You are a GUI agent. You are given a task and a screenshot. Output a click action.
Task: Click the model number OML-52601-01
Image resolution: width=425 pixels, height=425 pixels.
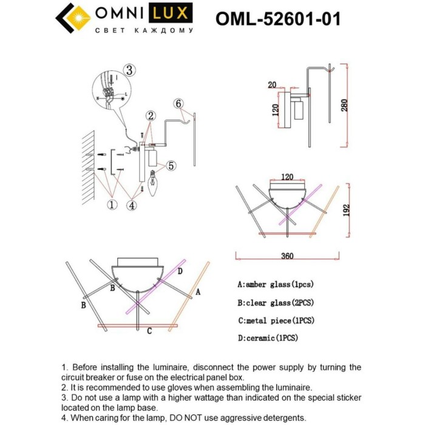pos(277,19)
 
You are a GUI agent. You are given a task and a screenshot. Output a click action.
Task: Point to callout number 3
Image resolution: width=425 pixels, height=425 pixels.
pos(129,70)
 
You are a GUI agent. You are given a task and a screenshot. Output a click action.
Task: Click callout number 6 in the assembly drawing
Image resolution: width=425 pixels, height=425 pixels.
pos(178,104)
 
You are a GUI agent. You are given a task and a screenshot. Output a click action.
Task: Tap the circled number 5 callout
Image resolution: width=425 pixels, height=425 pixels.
pos(171,165)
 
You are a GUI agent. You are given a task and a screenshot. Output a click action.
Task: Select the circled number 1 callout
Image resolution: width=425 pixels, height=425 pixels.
pos(112,205)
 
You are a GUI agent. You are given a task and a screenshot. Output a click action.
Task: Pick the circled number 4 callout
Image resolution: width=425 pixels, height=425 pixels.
pos(132,205)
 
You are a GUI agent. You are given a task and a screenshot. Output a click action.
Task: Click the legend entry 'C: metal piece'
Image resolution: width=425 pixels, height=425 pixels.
pos(276,320)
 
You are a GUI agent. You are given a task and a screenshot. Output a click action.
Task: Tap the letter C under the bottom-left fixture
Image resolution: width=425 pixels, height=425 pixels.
pos(149,331)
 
